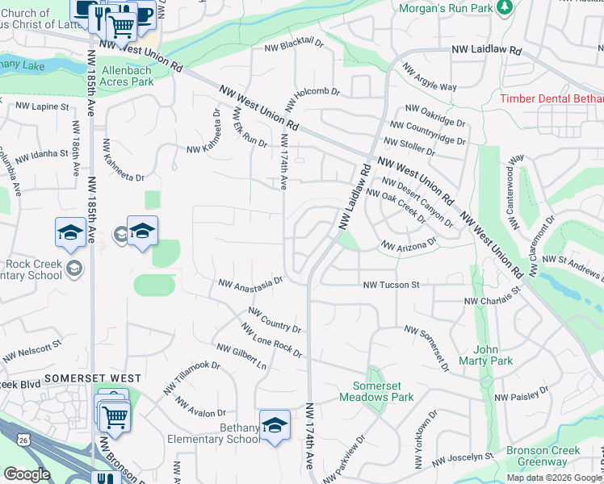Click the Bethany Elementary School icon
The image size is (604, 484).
click(x=275, y=424)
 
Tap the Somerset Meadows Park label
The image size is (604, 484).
click(x=383, y=391)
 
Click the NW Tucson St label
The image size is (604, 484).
click(x=392, y=285)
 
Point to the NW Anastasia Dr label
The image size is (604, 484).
click(x=250, y=283)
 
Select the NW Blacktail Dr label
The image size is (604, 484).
click(x=295, y=47)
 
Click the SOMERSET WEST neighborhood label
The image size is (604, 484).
click(x=93, y=378)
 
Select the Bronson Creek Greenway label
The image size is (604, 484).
click(x=537, y=457)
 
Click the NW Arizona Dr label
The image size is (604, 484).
click(x=409, y=244)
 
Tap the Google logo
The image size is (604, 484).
click(x=27, y=474)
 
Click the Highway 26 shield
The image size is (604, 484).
click(x=25, y=440)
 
